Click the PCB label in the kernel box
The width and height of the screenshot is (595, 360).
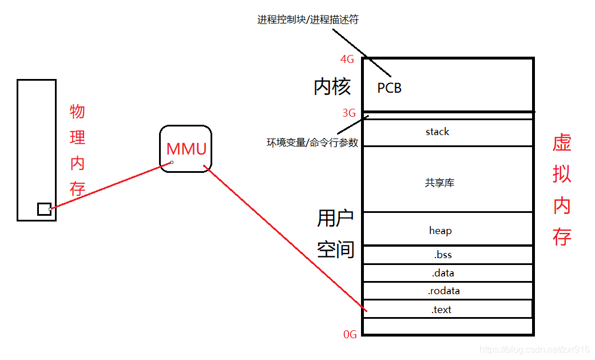point(390,88)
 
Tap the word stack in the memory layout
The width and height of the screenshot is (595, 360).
point(437,132)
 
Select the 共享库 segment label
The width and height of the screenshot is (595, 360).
point(439,183)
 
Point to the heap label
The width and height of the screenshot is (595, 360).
point(440,231)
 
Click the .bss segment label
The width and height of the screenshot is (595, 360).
point(443,255)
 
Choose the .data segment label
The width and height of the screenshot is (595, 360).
point(443,273)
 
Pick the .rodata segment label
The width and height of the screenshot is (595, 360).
point(443,291)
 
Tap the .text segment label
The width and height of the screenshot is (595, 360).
point(441,310)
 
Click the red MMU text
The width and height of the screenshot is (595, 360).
point(186,149)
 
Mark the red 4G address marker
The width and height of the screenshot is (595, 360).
point(347,59)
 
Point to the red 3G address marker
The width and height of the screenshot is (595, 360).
point(348,113)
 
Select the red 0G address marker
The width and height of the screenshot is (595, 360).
point(350,334)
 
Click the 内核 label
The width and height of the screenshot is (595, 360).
point(332,87)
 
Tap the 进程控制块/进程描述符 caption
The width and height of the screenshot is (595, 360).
point(308,20)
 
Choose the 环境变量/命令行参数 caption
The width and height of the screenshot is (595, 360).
point(312,143)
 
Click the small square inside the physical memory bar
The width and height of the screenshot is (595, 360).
point(44,209)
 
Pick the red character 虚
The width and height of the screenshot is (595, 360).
point(562,144)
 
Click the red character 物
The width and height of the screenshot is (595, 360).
point(77,112)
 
